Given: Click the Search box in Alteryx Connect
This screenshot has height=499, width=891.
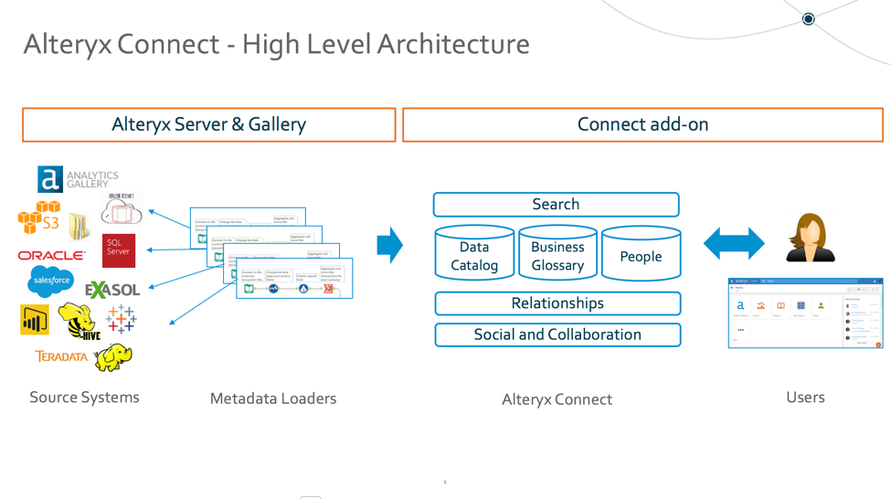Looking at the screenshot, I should tap(556, 205).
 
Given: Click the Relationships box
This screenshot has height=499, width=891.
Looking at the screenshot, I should tap(557, 303).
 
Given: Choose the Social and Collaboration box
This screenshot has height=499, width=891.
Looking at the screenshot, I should tap(557, 334).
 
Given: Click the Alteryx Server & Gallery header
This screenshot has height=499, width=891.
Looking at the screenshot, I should tap(208, 125).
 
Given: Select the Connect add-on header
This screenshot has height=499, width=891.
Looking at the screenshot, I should tap(642, 125).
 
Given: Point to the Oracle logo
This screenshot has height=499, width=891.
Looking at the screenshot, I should tap(51, 256).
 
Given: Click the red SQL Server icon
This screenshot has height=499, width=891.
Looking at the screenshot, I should tap(119, 249).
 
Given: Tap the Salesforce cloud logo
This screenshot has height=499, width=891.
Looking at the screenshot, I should tap(50, 281).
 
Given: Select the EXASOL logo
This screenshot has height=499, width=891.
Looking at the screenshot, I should tap(112, 291).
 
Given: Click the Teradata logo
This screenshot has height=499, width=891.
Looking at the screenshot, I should tap(61, 356).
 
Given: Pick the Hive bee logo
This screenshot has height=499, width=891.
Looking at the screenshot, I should tap(78, 321).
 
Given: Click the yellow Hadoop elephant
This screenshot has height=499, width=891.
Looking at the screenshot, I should tap(113, 356).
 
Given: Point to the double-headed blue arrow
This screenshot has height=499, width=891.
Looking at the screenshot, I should tap(734, 243).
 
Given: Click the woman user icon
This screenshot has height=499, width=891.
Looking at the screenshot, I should tap(810, 238).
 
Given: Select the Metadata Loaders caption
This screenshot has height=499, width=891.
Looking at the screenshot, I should tap(273, 398).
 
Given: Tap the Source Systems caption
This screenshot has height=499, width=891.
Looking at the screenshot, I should tap(84, 398).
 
